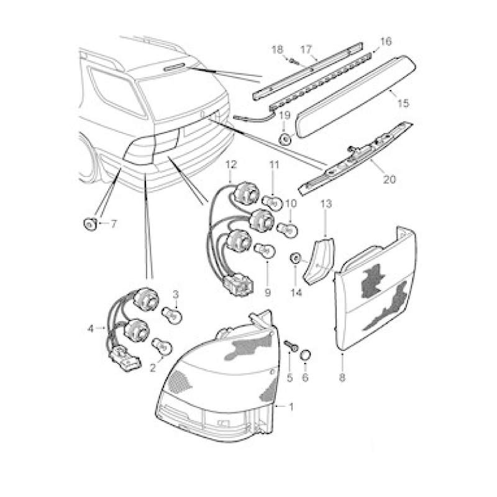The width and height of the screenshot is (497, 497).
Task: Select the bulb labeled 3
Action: click(173, 316)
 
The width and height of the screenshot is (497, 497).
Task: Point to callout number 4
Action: click(91, 329)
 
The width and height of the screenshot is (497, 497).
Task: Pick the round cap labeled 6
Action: click(306, 355)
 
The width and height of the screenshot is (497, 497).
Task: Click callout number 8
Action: click(342, 378)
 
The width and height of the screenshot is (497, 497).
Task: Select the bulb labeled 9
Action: click(266, 250)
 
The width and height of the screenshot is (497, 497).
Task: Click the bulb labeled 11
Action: click(273, 201)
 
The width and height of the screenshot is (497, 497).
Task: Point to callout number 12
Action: click(231, 165)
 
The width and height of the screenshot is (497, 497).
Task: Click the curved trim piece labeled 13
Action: click(319, 260)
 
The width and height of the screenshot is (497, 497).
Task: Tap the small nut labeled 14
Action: click(296, 258)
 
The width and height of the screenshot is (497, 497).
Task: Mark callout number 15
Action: click(403, 103)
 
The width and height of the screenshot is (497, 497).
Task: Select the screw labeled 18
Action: click(294, 60)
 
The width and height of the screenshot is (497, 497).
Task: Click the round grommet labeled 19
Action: click(285, 139)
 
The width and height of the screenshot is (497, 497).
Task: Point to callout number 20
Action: click(390, 180)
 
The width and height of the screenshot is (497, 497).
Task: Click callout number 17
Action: click(306, 50)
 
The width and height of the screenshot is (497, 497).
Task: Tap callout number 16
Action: click(386, 42)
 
